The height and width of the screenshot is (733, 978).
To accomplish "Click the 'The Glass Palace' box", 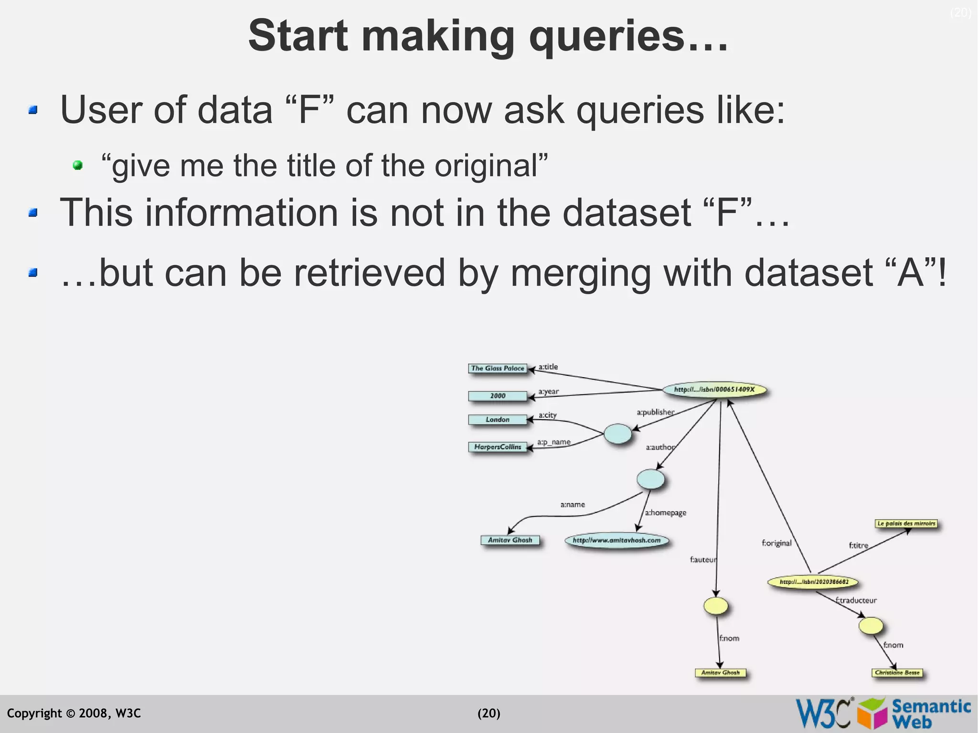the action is pyautogui.click(x=498, y=368).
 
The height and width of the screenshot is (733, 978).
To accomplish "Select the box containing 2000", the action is pyautogui.click(x=498, y=396).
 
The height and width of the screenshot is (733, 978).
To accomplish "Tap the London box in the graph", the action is pyautogui.click(x=498, y=419).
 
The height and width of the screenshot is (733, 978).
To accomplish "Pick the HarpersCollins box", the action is pyautogui.click(x=498, y=447).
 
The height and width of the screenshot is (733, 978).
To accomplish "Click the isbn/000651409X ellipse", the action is pyautogui.click(x=714, y=390).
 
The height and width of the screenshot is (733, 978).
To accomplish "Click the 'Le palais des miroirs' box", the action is pyautogui.click(x=906, y=524).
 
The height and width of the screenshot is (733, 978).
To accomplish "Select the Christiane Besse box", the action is pyautogui.click(x=897, y=673).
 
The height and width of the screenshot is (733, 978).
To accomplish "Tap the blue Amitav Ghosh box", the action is pyautogui.click(x=510, y=540).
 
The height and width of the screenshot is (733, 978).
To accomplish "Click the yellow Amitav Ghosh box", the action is pyautogui.click(x=720, y=673).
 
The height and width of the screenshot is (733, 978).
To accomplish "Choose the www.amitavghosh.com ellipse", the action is pyautogui.click(x=617, y=541).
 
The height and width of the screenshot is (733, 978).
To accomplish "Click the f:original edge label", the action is pyautogui.click(x=776, y=543).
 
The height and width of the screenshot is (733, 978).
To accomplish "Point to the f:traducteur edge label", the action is pyautogui.click(x=856, y=600).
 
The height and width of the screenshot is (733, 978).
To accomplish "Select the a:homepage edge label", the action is pyautogui.click(x=666, y=513).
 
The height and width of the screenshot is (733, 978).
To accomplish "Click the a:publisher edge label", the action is pyautogui.click(x=655, y=412).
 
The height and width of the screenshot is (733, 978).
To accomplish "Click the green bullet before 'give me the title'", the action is pyautogui.click(x=78, y=166).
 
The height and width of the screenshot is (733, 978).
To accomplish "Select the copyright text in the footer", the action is pyautogui.click(x=74, y=713).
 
